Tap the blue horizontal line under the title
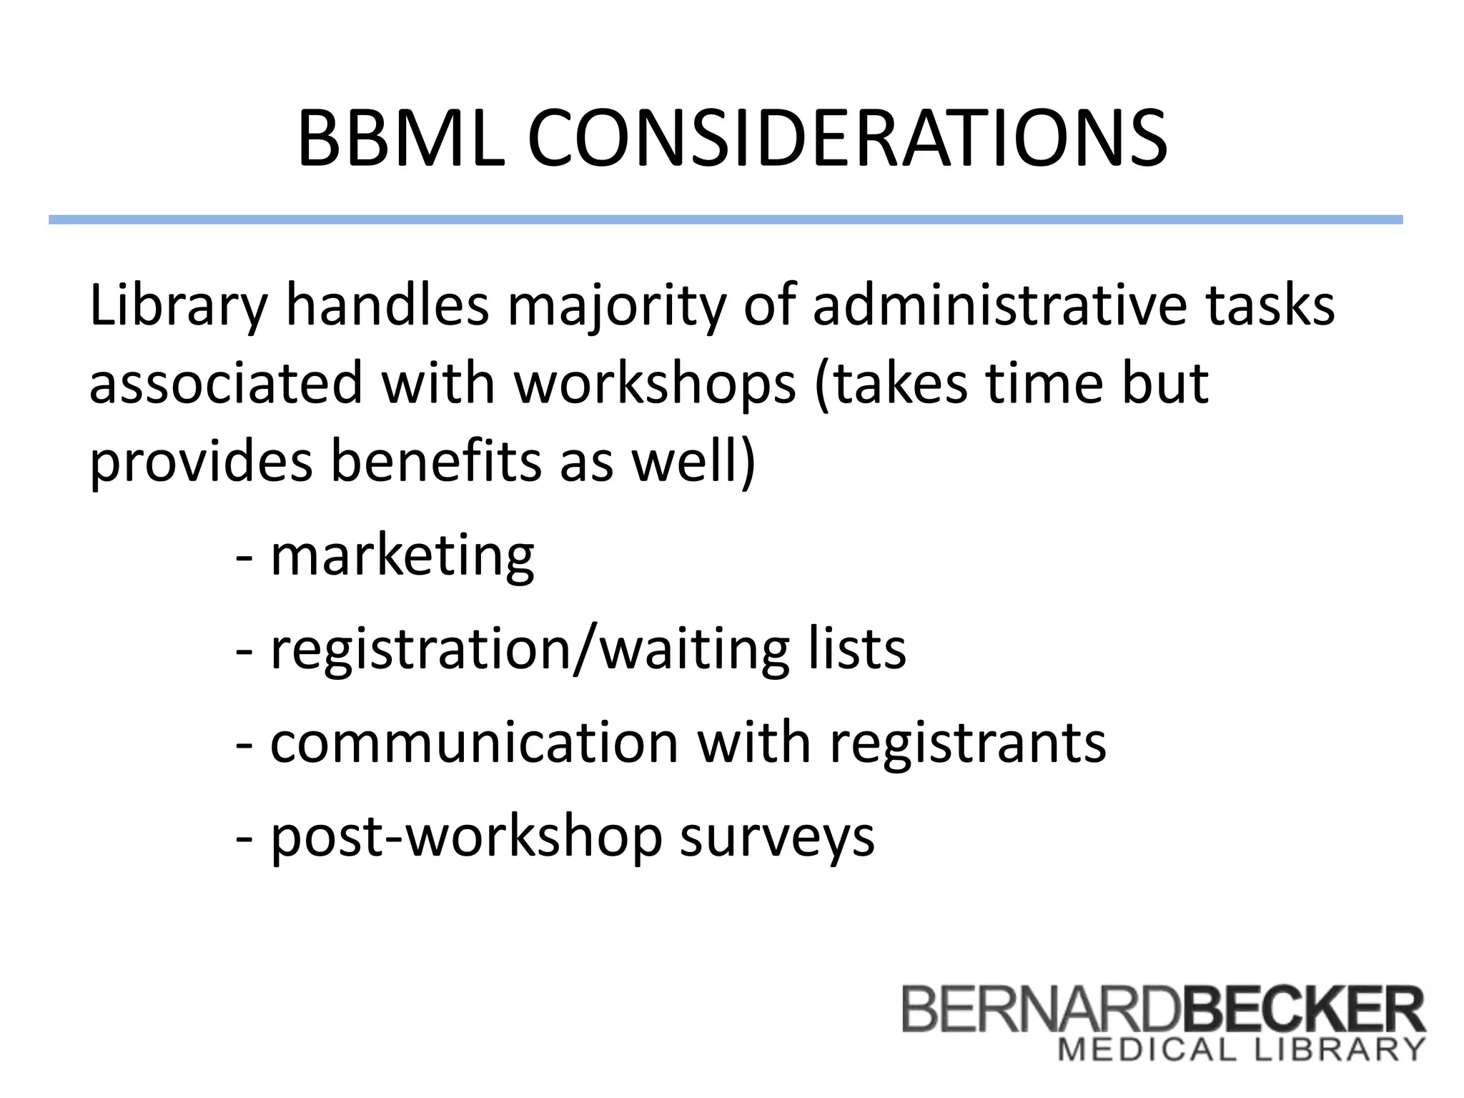click(x=725, y=219)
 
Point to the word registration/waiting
click(x=530, y=650)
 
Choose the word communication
click(x=473, y=742)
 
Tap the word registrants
click(x=968, y=743)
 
